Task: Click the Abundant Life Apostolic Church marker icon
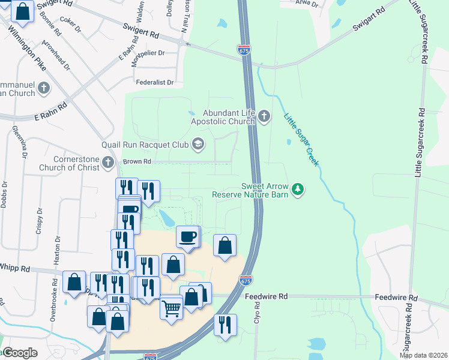(265, 116)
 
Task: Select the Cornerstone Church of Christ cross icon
(108, 162)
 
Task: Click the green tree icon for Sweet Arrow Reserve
(297, 190)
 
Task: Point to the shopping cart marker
(171, 308)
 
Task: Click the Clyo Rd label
(256, 313)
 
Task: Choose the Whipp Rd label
(13, 267)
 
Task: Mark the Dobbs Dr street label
(4, 194)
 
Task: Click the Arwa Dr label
(306, 4)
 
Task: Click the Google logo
(20, 353)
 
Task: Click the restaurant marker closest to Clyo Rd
(225, 326)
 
